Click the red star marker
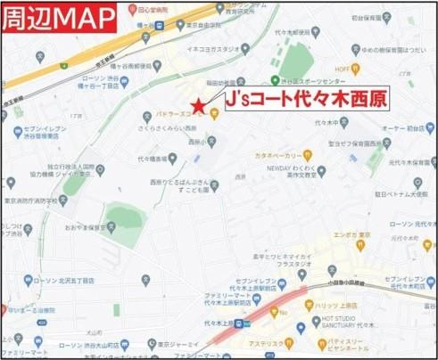(x=199, y=107)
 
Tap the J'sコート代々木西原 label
(x=304, y=98)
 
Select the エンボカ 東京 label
(x=351, y=236)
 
